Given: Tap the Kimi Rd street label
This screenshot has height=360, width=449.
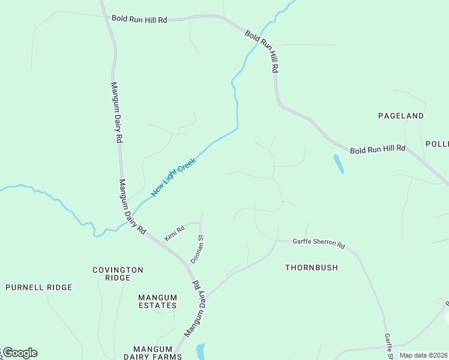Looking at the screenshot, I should click(175, 231).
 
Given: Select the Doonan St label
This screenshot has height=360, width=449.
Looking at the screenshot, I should click(197, 249).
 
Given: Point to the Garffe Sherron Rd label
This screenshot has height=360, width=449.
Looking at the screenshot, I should click(319, 244).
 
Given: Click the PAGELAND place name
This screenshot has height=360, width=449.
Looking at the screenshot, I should click(401, 115).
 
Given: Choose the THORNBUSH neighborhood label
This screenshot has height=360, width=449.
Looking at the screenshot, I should click(312, 268).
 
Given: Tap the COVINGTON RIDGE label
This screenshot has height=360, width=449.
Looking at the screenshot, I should click(118, 274).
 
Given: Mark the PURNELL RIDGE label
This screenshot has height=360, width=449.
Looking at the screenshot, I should click(39, 287).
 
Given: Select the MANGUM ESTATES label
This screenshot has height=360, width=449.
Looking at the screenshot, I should click(157, 301).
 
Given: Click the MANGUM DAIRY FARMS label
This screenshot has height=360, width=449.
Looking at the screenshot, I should click(157, 352).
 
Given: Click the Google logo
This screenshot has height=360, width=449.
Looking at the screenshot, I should click(19, 353).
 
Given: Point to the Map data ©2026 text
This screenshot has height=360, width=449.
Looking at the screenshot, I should click(423, 355).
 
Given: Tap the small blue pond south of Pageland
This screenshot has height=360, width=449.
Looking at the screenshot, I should click(339, 163).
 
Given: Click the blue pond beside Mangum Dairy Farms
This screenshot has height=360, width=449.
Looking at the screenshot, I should click(200, 351).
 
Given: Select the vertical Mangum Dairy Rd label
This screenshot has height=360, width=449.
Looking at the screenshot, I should click(116, 112).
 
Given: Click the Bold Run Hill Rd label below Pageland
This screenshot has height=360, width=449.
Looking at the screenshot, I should click(378, 148).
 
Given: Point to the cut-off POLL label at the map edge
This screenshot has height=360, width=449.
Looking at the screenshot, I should click(437, 144).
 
